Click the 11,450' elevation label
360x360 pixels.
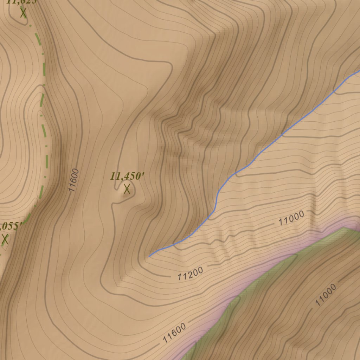click(128, 176)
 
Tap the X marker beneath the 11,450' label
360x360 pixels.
click(127, 189)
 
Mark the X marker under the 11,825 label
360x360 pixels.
click(23, 13)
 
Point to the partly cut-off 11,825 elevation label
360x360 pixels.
click(21, 2)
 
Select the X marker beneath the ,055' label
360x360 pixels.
click(5, 239)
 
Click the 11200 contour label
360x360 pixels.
click(190, 274)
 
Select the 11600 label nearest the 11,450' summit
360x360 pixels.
click(74, 180)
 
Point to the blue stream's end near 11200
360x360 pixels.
click(149, 256)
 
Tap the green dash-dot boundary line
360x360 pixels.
click(44, 116)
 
